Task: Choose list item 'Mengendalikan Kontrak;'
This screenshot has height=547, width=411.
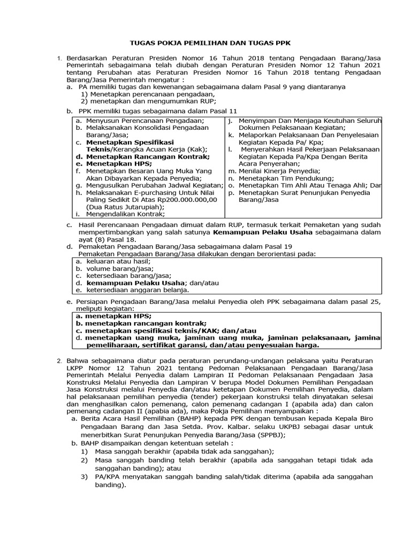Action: tap(125, 214)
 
